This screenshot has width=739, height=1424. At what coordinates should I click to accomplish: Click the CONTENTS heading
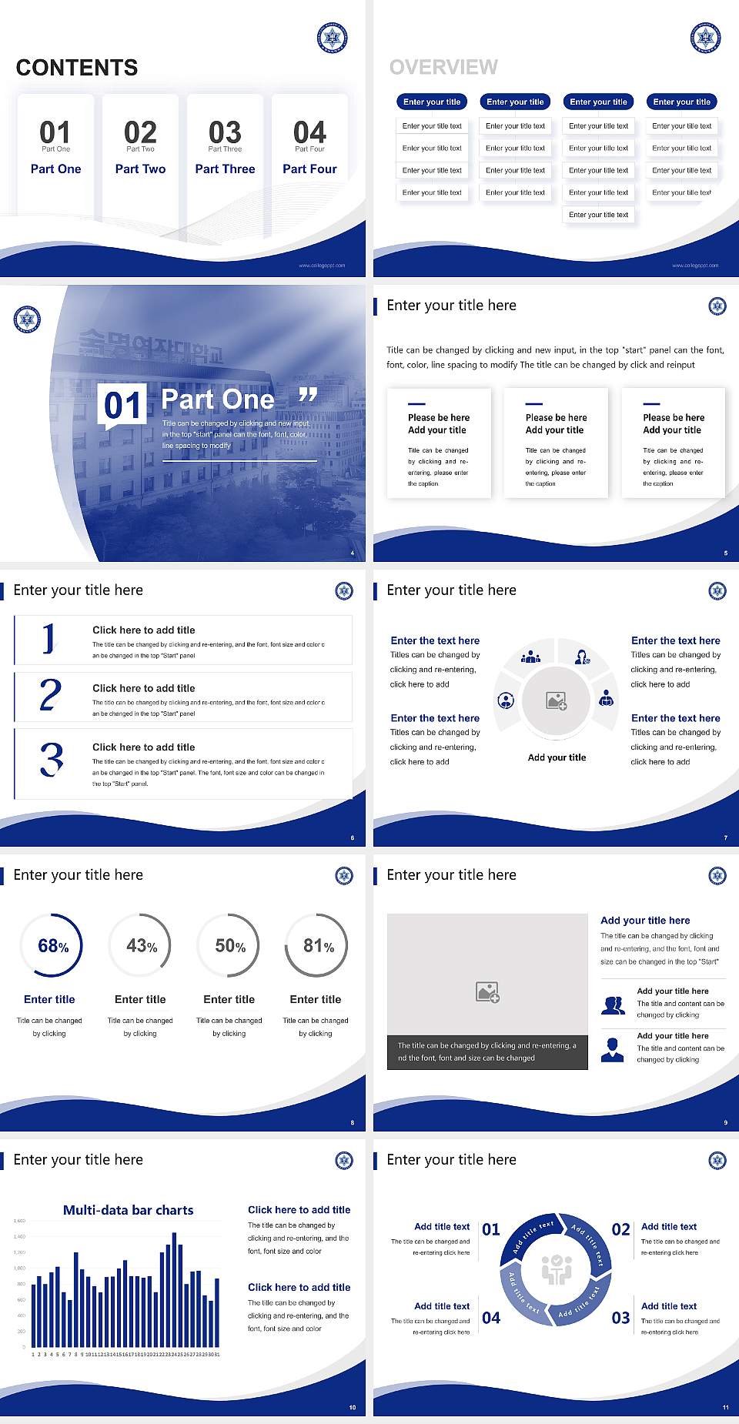[x=77, y=68]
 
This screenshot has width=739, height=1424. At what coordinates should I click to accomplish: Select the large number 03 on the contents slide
[x=225, y=132]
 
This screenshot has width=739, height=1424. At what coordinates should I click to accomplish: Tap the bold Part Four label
[x=309, y=169]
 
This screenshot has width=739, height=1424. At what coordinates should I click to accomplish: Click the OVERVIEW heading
[x=443, y=67]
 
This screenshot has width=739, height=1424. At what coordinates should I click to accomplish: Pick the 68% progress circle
[x=52, y=945]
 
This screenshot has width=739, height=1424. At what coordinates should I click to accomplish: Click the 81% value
[x=318, y=945]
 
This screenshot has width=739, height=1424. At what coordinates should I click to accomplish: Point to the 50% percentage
[x=230, y=945]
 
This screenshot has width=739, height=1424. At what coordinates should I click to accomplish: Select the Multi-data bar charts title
[x=129, y=1210]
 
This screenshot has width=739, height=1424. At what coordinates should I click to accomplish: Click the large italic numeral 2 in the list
[x=50, y=695]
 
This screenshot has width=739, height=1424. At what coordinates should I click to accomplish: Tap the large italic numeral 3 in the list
[x=52, y=759]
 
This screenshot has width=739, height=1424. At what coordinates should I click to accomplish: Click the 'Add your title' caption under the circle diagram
[x=557, y=757]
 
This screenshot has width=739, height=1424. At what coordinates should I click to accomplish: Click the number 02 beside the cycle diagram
[x=620, y=1229]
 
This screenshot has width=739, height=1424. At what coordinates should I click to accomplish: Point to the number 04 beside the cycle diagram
[x=491, y=1318]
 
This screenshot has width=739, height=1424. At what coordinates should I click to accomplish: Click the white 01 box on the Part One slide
[x=123, y=405]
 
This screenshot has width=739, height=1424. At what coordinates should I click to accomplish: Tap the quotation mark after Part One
[x=308, y=396]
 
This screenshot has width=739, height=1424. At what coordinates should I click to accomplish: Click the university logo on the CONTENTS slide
[x=333, y=37]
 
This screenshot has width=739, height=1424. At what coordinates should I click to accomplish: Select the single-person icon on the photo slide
[x=612, y=1049]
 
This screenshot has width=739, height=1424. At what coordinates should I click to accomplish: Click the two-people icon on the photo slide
[x=613, y=1005]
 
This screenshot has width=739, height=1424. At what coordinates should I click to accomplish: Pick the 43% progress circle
[x=141, y=945]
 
